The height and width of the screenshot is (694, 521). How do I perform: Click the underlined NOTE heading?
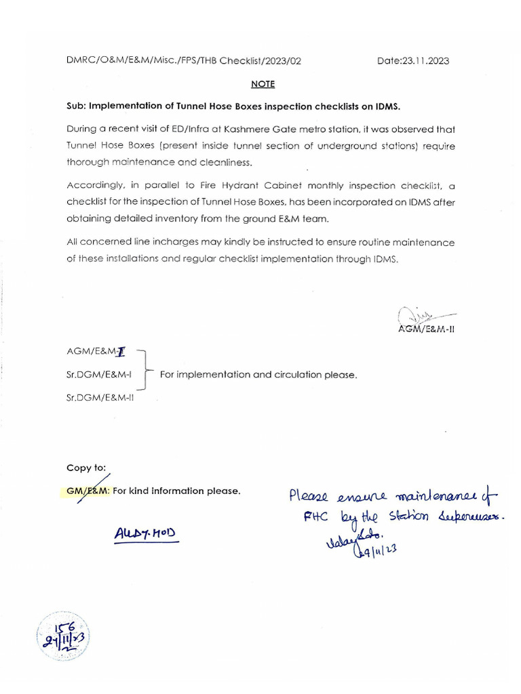[x=263, y=84]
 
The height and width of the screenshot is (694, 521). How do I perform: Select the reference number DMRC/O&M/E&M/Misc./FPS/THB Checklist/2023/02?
[x=184, y=61]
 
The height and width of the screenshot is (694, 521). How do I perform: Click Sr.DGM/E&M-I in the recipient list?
[x=100, y=375]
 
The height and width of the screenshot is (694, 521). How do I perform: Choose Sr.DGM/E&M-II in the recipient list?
[x=100, y=398]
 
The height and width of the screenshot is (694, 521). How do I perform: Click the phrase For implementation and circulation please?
[x=258, y=375]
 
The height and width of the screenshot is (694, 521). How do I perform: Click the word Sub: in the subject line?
[x=76, y=106]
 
